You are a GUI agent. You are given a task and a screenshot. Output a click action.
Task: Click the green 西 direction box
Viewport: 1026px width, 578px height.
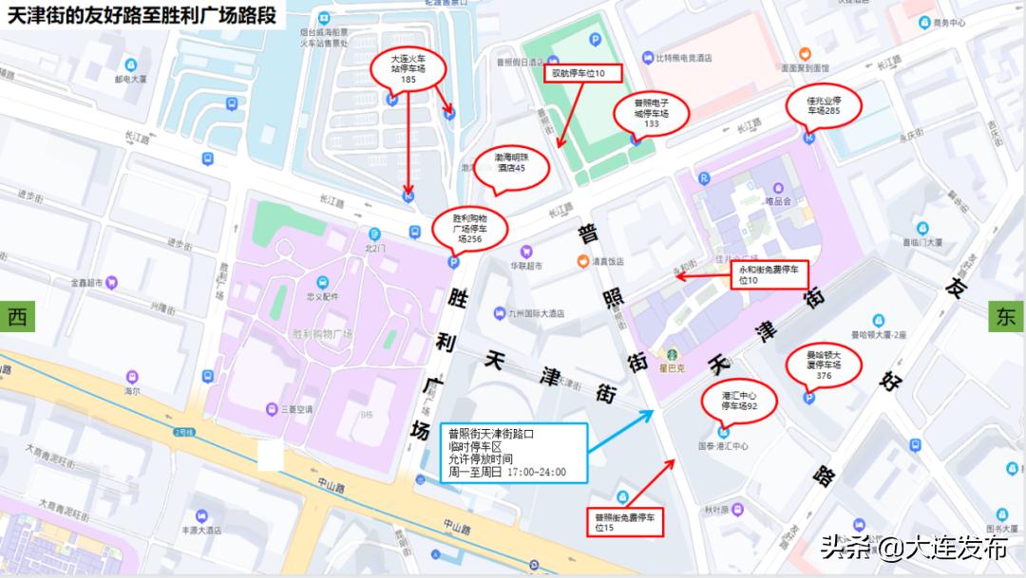pos(17,318)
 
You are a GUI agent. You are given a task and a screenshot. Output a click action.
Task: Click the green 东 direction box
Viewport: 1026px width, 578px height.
pos(1006,317)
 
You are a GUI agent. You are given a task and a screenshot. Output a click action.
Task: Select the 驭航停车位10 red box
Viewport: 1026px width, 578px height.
pos(581,72)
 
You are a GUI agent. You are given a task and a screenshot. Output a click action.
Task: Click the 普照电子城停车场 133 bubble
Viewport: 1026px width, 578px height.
pos(652,112)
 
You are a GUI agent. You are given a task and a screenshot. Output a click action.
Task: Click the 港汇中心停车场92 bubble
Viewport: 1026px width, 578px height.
pos(737,401)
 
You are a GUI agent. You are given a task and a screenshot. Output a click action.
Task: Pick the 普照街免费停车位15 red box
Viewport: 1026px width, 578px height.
pos(623,521)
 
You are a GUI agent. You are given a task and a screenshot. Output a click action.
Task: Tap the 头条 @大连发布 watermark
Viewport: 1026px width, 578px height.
pos(913,548)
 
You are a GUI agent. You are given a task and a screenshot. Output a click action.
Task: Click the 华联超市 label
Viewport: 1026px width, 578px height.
pos(524,267)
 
